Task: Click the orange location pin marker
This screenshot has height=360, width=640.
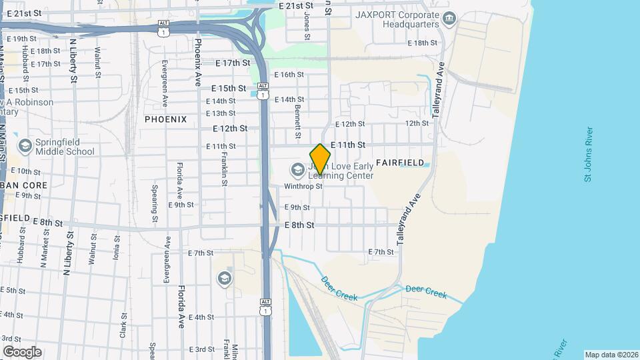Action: tap(320, 159)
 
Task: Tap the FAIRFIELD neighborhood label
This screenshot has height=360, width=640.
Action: tap(400, 162)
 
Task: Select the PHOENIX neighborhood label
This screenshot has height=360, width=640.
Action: tap(165, 119)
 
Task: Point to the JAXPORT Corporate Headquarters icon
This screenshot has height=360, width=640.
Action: tap(449, 17)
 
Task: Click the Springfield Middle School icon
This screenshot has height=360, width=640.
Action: tap(25, 146)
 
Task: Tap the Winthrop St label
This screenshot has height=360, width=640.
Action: tap(303, 187)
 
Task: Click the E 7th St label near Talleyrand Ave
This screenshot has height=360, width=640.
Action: tap(381, 251)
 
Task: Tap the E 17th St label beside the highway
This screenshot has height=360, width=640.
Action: tap(232, 63)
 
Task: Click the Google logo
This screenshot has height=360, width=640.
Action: tap(22, 351)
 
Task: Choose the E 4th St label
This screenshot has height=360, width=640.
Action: tap(201, 317)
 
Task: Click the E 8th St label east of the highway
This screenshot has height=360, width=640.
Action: tap(299, 225)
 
